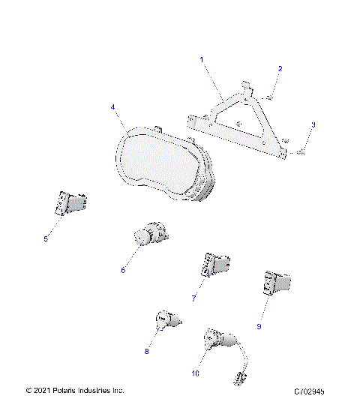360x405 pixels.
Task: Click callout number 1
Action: [201, 58]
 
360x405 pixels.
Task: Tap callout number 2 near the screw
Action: [280, 69]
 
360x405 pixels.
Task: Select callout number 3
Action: [313, 124]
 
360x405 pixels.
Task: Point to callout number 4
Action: [113, 107]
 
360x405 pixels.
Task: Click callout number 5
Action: [46, 238]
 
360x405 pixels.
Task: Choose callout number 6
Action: [123, 270]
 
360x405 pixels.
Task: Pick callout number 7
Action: [193, 298]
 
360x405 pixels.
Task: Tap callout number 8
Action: [147, 350]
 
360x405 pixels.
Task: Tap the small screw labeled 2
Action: [271, 96]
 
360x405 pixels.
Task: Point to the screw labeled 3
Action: [301, 152]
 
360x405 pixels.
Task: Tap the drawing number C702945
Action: [314, 391]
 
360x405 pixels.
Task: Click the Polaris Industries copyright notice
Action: [75, 391]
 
